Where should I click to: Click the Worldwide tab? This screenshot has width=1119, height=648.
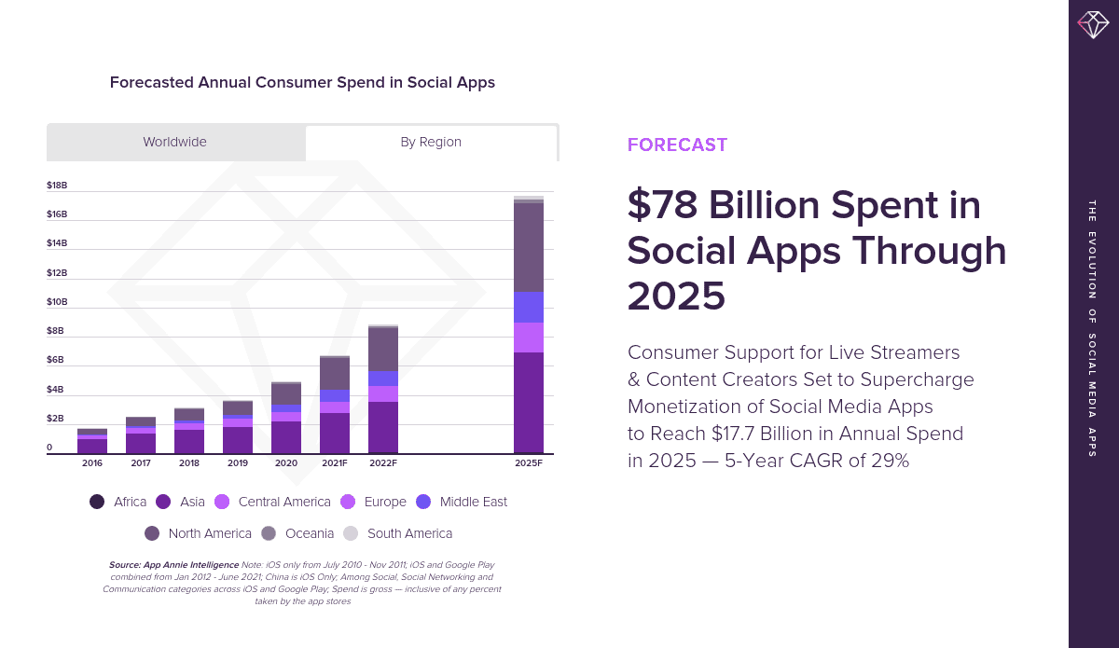(x=175, y=143)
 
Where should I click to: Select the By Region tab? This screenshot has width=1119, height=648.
(x=431, y=143)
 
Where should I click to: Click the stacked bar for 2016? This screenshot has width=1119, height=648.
(x=92, y=441)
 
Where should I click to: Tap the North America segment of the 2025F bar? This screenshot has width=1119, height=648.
(x=529, y=247)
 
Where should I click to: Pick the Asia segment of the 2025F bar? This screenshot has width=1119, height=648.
(x=529, y=402)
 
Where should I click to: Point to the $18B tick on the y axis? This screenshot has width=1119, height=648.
(x=57, y=186)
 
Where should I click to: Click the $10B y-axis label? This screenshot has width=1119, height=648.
(x=57, y=302)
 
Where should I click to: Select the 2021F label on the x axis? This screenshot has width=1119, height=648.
(x=335, y=463)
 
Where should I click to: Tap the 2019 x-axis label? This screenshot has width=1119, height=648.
(x=238, y=463)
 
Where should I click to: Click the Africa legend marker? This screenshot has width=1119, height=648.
(x=97, y=502)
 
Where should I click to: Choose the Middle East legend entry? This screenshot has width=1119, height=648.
(x=463, y=502)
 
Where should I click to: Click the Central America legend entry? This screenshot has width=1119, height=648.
(x=273, y=502)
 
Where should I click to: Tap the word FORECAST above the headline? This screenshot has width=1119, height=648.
(x=677, y=145)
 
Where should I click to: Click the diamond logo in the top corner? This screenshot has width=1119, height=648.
(x=1093, y=23)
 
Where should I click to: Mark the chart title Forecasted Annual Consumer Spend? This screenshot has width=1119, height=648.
(x=302, y=82)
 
